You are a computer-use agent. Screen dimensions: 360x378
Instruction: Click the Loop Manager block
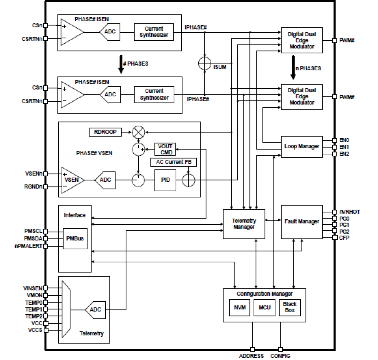[x=302, y=146]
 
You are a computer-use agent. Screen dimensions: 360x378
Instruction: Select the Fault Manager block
[x=302, y=222]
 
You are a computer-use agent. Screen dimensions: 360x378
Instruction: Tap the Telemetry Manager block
[x=244, y=224]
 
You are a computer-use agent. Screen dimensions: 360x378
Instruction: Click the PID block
[x=165, y=180]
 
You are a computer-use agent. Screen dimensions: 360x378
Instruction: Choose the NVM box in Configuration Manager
[x=240, y=308]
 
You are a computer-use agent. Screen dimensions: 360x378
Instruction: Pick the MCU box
[x=265, y=308]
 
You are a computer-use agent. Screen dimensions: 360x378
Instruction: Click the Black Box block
[x=290, y=307]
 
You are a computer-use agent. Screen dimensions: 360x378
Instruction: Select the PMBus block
[x=75, y=238]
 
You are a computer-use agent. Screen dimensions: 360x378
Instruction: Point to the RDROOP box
[x=105, y=132]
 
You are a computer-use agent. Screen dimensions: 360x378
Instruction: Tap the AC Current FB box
[x=174, y=162]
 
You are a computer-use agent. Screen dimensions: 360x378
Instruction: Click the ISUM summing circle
[x=205, y=63]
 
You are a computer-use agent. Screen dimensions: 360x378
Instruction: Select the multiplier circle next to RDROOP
[x=138, y=132]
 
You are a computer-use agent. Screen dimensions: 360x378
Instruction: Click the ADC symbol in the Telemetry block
[x=95, y=309]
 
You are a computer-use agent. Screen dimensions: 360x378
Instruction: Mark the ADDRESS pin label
[x=251, y=356]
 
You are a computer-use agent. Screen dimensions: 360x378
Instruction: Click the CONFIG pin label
[x=280, y=356]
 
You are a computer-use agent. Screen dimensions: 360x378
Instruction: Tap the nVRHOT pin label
[x=349, y=212]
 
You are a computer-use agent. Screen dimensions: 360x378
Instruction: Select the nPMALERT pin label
[x=29, y=246]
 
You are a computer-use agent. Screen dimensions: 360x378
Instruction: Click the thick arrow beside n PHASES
[x=293, y=68]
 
